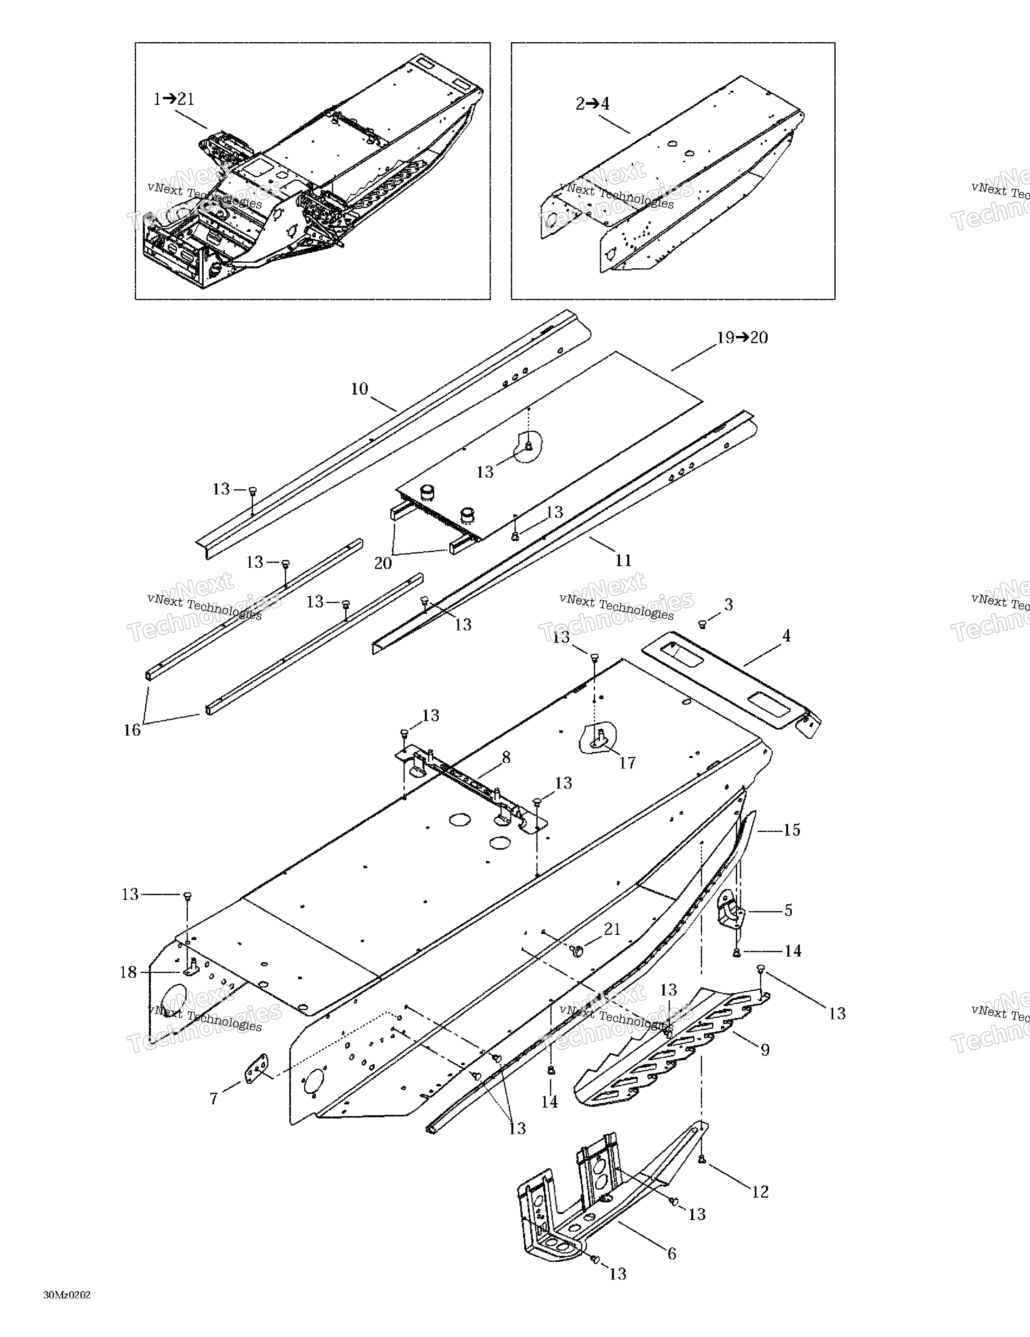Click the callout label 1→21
coord(174,99)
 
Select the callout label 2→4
coord(593,104)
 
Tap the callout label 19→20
coord(742,338)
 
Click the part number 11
coord(623,560)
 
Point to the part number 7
coord(214,1099)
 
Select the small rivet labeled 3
coord(703,624)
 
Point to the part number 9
coord(765,1050)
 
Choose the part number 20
coord(383,563)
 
